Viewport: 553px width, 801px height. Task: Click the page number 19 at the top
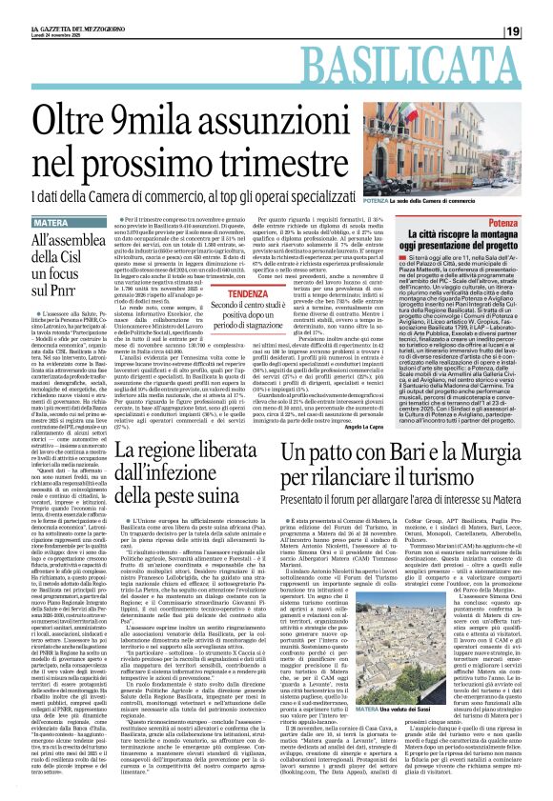[x=537, y=32]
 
